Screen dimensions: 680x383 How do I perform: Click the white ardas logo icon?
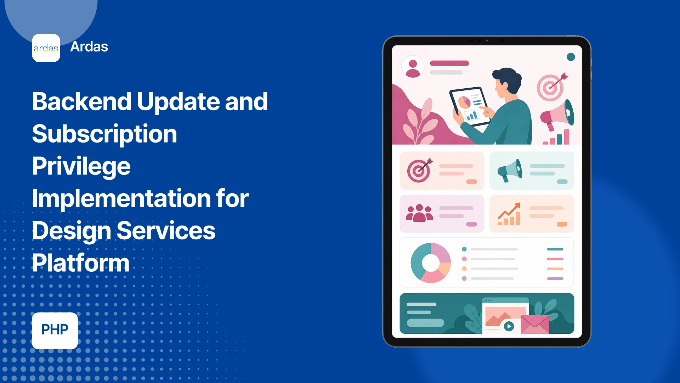point(46,48)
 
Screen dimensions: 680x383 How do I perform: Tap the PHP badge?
point(55,331)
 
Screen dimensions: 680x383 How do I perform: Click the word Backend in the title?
point(82,101)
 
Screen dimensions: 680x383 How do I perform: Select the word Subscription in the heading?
point(104,134)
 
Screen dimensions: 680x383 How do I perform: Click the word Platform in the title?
point(81,263)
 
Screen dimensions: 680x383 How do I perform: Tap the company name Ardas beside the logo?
point(89,47)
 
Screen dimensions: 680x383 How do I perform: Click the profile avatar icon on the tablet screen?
point(413,67)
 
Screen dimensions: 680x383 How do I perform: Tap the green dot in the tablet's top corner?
point(571,57)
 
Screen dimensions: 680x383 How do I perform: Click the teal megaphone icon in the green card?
point(510,171)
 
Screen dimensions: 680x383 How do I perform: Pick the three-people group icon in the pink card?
point(419,213)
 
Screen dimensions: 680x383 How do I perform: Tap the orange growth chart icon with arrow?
point(509,214)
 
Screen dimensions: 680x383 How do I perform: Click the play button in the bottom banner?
point(509,326)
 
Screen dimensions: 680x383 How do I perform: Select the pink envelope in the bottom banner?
point(535,324)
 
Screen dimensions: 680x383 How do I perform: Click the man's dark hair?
point(508,78)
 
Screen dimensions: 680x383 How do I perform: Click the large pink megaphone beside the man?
point(557,115)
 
